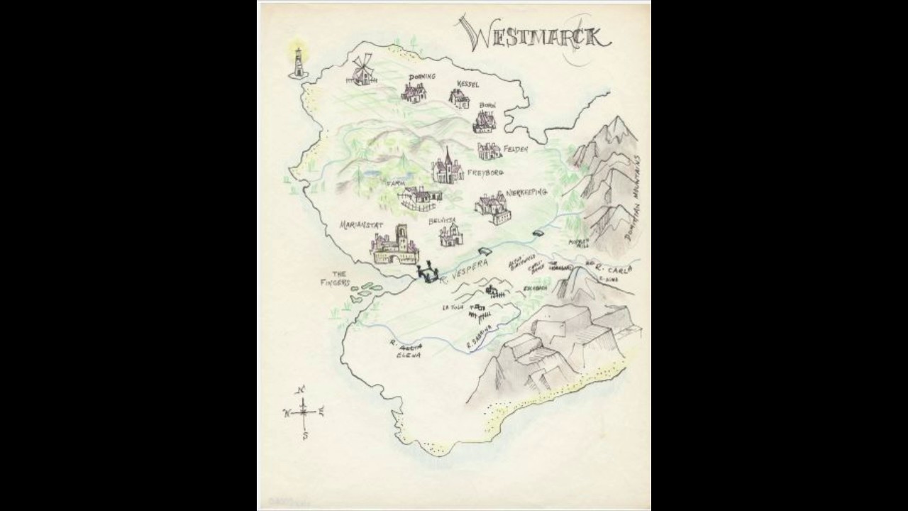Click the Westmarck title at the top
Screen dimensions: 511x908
coord(533,33)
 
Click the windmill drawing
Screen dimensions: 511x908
coord(362,70)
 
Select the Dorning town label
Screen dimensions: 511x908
coord(421,77)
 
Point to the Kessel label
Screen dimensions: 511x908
coord(468,84)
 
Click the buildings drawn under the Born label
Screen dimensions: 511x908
coord(484,123)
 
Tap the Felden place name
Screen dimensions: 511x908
coord(516,150)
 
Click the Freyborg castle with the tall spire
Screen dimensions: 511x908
coord(447,170)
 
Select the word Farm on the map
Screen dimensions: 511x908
coord(394,183)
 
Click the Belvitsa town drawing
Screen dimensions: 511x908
coord(450,235)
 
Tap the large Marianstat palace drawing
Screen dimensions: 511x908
coord(394,247)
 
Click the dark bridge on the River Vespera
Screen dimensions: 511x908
coord(428,273)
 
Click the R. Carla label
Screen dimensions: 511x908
coord(614,268)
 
